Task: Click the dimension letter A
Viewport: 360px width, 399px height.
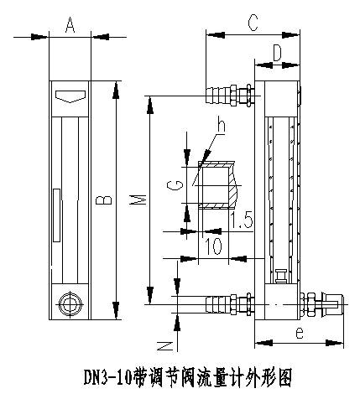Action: tap(70, 26)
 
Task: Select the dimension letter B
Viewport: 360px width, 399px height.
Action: tap(99, 199)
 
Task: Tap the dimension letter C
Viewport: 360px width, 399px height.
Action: tap(251, 24)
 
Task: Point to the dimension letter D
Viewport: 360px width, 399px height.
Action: tap(278, 53)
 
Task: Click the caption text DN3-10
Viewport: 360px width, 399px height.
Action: tap(111, 375)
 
